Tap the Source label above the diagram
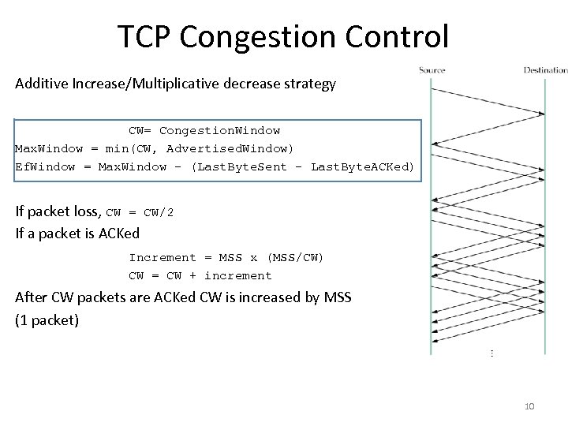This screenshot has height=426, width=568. [432, 70]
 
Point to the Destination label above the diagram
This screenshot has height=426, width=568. [546, 70]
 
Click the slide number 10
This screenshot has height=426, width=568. [529, 406]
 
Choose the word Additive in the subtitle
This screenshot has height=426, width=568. [43, 83]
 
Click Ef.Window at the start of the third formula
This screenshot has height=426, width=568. [45, 166]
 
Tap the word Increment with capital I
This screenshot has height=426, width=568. [162, 257]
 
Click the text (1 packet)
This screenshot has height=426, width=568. [47, 320]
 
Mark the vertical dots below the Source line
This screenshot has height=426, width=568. [492, 354]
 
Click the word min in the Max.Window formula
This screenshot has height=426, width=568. [115, 148]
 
